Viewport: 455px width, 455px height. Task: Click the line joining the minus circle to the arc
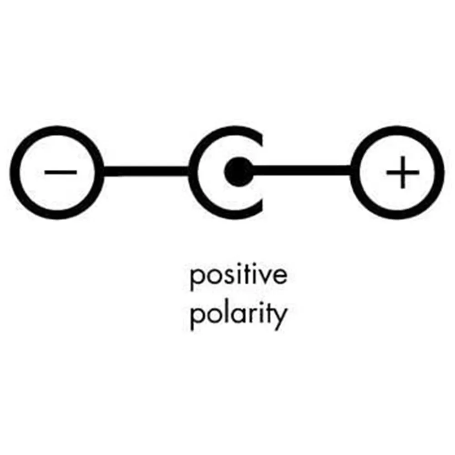pos(146,172)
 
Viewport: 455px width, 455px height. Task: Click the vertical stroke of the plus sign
pos(402,172)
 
